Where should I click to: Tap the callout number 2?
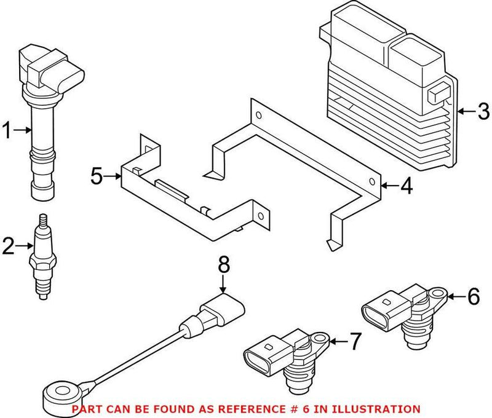[x=7, y=247]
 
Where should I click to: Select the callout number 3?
[x=483, y=112]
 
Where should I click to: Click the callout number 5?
[x=97, y=176]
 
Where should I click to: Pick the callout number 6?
[x=473, y=297]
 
